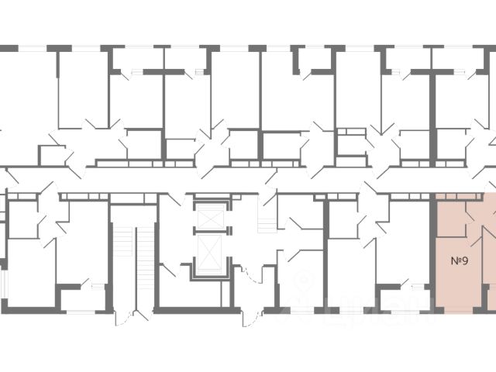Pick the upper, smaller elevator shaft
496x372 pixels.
(210, 218)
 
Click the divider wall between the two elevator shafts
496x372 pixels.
(210, 233)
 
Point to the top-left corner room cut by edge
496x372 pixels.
(23, 101)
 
